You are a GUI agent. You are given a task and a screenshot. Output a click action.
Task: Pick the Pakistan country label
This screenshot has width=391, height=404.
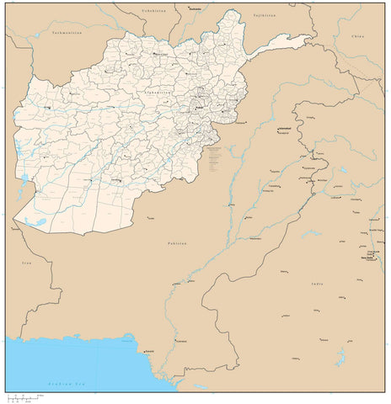tap(176, 242)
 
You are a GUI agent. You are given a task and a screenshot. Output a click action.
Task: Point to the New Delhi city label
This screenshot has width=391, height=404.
tap(368, 259)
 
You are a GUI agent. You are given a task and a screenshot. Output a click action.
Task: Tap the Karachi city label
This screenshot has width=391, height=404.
tap(148, 350)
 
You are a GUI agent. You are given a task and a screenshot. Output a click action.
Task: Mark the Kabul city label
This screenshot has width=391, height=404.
tap(201, 109)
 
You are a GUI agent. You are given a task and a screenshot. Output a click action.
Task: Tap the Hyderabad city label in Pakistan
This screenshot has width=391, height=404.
tap(181, 341)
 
